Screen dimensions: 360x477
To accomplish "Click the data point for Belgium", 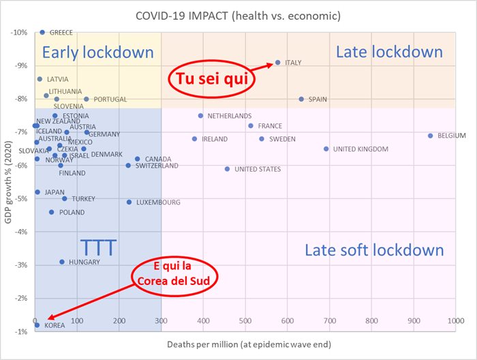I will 430,136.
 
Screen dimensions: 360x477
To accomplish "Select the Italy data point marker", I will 278,63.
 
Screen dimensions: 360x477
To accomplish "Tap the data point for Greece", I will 42,32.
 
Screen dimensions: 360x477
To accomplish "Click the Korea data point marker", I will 37,325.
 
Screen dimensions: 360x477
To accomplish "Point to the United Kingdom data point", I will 326,149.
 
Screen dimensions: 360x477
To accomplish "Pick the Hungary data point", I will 62,262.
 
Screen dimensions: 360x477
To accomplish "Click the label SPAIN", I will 318,100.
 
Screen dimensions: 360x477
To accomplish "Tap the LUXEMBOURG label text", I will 158,202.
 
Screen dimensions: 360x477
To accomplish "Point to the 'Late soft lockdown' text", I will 374,250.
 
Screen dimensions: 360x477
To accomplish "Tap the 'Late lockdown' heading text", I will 389,52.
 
